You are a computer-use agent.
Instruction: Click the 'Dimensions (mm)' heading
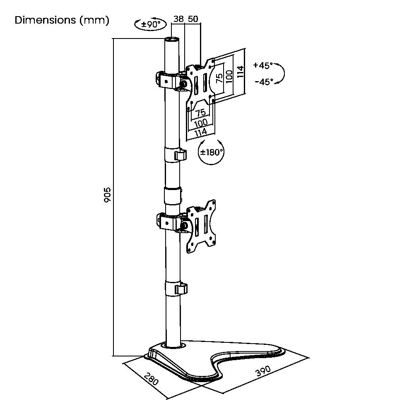click(62, 20)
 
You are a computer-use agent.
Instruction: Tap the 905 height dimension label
click(107, 195)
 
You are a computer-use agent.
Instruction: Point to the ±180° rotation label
click(212, 152)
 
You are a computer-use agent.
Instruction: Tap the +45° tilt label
click(264, 65)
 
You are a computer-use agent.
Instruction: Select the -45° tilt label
click(264, 82)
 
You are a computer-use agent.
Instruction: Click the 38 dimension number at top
click(178, 19)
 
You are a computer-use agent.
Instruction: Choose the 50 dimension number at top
click(193, 19)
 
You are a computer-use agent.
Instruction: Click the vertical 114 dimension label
click(241, 70)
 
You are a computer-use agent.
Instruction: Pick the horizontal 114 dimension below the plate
click(200, 132)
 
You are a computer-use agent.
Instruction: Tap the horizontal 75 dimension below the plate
click(200, 113)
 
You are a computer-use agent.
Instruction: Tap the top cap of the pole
click(171, 40)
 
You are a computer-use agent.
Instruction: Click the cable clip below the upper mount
click(180, 156)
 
